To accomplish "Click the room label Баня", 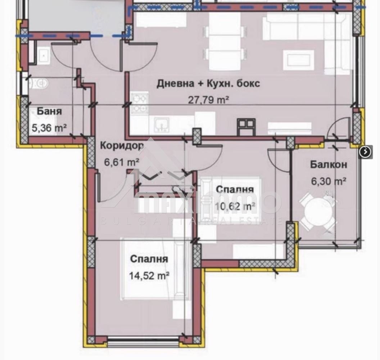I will [49, 111].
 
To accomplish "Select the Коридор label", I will [122, 146].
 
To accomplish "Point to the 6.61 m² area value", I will [122, 162].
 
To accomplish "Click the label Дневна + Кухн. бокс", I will [208, 84].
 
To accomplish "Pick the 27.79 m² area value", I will [209, 100].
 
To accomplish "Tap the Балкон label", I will [329, 165].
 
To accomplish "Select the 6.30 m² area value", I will [329, 181].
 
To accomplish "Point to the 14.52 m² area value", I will [149, 275].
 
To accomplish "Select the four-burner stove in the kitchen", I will [140, 103].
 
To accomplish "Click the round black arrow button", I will [365, 152].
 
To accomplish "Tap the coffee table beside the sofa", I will [298, 60].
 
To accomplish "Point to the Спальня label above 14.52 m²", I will [149, 259].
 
